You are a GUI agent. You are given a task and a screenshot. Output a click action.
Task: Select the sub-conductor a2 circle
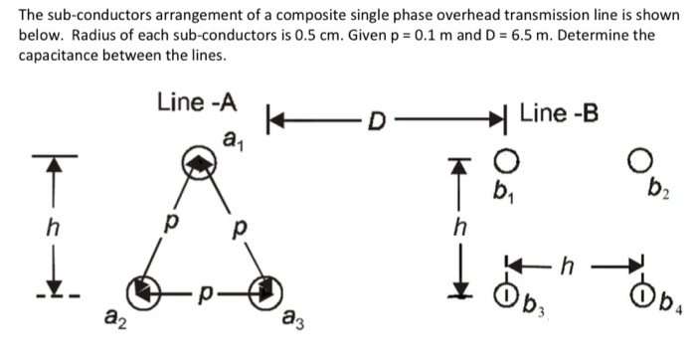click(146, 294)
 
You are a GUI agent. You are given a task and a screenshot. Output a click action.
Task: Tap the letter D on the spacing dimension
click(375, 124)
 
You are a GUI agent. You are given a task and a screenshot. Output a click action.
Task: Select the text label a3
click(292, 320)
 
